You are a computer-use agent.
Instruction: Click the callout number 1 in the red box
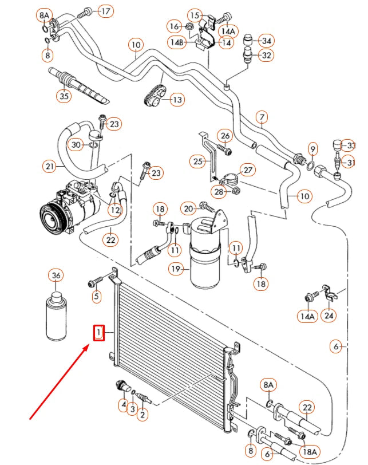99,333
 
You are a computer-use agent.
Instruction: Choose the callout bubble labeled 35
64,96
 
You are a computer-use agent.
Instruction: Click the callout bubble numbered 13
177,100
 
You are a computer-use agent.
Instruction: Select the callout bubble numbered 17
106,11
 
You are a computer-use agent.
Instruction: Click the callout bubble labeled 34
266,40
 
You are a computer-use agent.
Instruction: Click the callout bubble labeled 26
225,136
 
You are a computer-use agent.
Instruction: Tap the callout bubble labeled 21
49,167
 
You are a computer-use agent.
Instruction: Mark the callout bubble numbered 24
329,314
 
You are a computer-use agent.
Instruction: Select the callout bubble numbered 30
77,145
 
